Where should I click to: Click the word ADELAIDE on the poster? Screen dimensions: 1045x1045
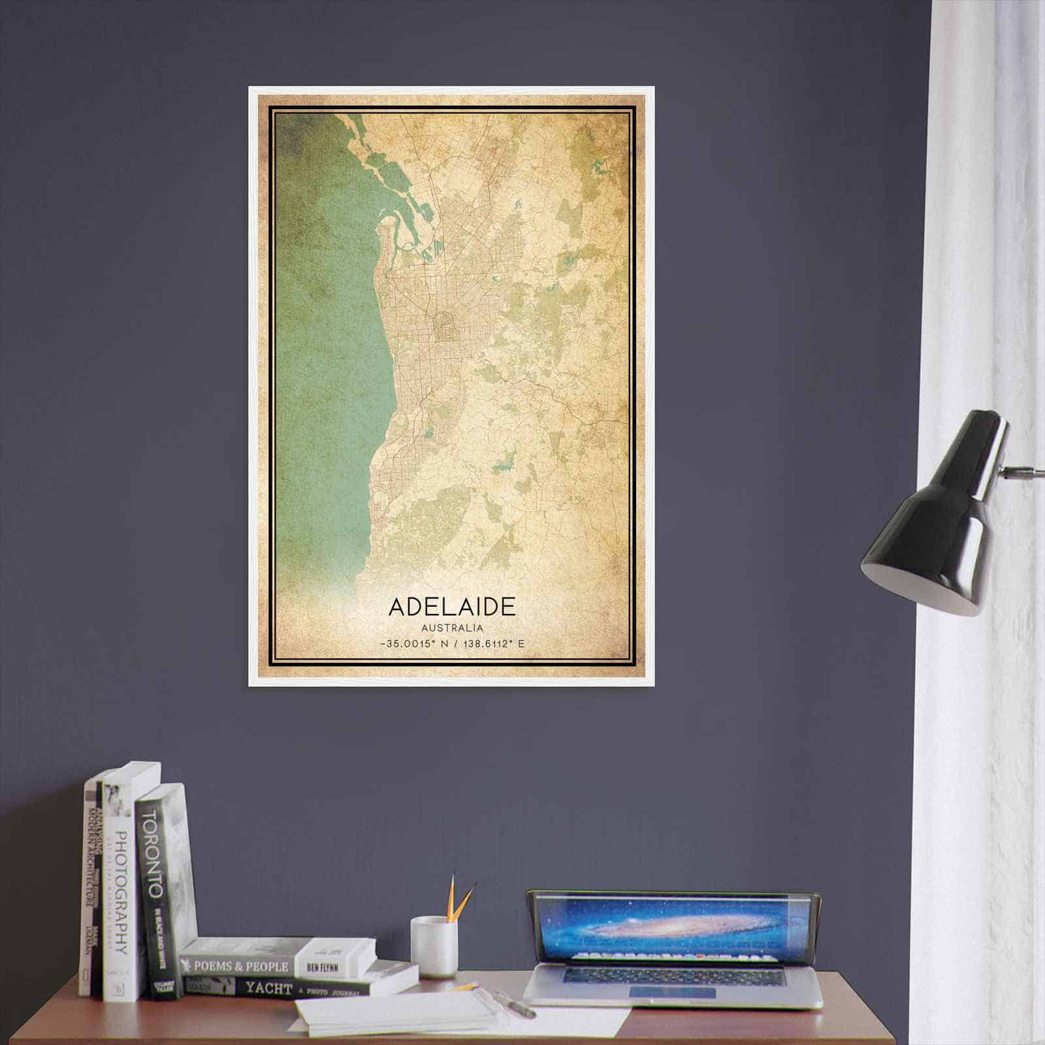[x=452, y=606]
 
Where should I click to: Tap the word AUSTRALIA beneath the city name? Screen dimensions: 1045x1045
[x=453, y=628]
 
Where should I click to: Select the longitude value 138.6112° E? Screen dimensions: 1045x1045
[x=493, y=644]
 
